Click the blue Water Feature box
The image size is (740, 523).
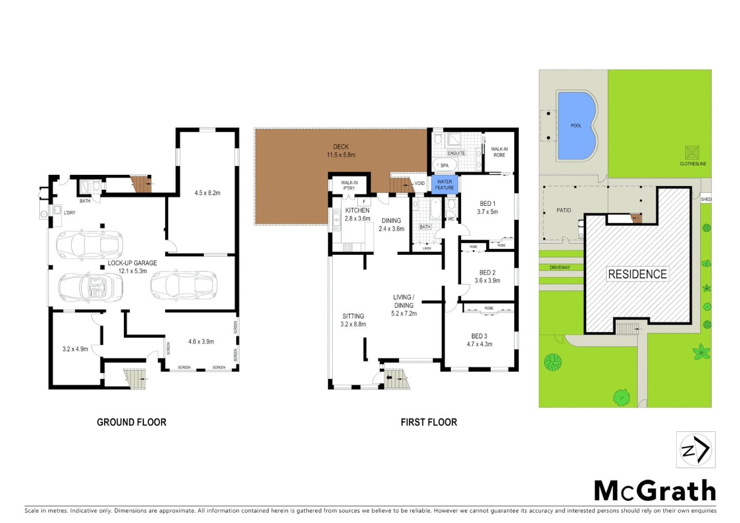tap(444, 185)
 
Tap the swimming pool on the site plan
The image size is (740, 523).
tap(576, 125)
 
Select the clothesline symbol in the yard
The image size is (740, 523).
tap(692, 153)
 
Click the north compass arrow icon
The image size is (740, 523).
tap(695, 450)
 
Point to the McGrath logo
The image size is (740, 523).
tap(654, 491)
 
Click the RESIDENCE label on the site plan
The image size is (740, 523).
tap(637, 274)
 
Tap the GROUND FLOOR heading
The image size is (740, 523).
tap(131, 422)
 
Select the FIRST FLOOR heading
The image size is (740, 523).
tap(429, 422)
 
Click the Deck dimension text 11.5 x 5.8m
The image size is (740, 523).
tap(341, 155)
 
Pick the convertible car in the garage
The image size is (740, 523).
tap(90, 288)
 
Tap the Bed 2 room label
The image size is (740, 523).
tap(487, 273)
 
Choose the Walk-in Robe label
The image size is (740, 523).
tap(499, 152)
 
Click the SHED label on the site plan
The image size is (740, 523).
tap(706, 200)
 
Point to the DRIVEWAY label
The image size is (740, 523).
tap(560, 267)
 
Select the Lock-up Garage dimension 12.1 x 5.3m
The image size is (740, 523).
tap(132, 271)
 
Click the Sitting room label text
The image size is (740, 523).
tap(353, 316)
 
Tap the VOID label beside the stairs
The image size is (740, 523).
tap(419, 183)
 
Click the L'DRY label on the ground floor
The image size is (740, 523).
tap(69, 213)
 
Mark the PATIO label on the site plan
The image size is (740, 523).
tap(564, 210)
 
